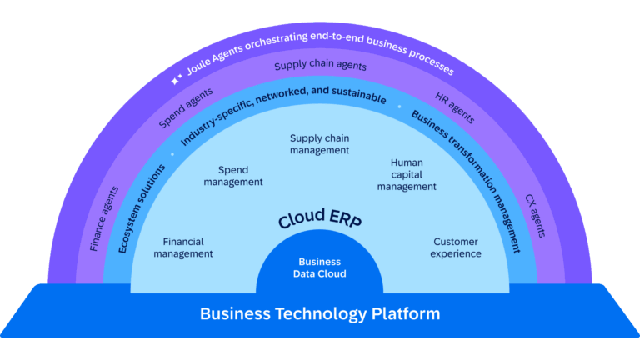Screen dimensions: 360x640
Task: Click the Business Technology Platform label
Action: pyautogui.click(x=320, y=314)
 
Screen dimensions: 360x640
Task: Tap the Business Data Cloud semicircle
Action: pyautogui.click(x=320, y=267)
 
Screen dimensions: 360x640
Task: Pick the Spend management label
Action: pyautogui.click(x=233, y=176)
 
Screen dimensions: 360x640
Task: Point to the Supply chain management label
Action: pyautogui.click(x=320, y=143)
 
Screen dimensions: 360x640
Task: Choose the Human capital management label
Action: pyautogui.click(x=407, y=175)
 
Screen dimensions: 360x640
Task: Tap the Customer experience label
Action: pyautogui.click(x=456, y=247)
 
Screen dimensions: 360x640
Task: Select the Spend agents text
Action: pyautogui.click(x=186, y=108)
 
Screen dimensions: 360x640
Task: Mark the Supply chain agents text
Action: pyautogui.click(x=320, y=66)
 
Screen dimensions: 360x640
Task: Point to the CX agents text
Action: pyautogui.click(x=536, y=216)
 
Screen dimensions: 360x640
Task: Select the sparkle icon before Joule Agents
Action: pyautogui.click(x=176, y=81)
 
